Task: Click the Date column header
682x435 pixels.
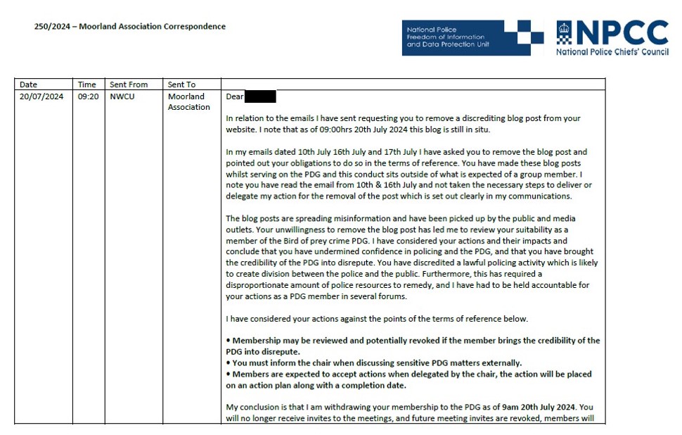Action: [28, 84]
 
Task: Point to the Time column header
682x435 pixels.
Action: [86, 84]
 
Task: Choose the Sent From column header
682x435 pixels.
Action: [129, 84]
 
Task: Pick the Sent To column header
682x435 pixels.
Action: [181, 84]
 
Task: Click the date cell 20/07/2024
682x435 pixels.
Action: [41, 96]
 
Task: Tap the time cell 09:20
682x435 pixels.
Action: [88, 96]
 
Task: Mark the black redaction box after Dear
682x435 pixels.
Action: [261, 97]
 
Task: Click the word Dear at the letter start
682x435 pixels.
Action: [235, 97]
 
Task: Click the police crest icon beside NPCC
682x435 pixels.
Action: [565, 32]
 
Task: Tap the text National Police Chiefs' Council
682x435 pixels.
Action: [612, 52]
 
